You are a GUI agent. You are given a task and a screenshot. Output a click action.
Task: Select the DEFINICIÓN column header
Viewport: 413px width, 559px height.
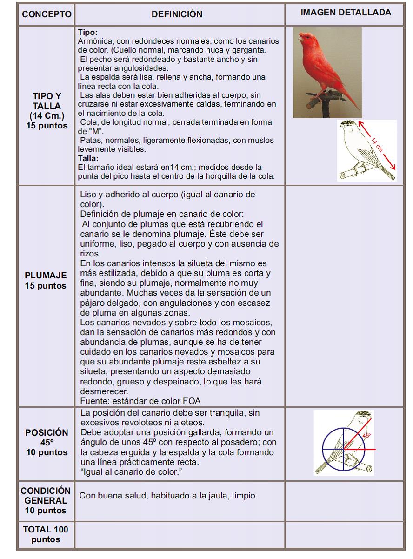[177, 14]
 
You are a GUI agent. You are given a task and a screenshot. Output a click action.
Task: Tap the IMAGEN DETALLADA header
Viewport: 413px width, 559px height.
[346, 13]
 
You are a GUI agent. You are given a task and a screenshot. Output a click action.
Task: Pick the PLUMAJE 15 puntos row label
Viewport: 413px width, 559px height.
[46, 281]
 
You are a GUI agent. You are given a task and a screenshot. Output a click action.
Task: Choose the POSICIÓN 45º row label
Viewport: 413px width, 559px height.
[47, 442]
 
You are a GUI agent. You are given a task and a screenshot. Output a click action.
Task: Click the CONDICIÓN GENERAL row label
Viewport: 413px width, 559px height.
[46, 501]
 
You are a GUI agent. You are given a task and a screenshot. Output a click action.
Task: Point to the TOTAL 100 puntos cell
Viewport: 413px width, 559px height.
[46, 534]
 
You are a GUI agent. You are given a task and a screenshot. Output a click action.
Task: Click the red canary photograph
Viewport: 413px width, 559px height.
[327, 73]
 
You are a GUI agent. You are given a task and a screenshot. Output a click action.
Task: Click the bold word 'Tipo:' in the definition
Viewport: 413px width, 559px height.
[88, 33]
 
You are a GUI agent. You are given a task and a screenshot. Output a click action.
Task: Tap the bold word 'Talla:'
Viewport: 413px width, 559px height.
[88, 158]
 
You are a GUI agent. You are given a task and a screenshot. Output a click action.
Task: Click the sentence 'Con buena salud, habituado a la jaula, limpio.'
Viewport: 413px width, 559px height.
[168, 496]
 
